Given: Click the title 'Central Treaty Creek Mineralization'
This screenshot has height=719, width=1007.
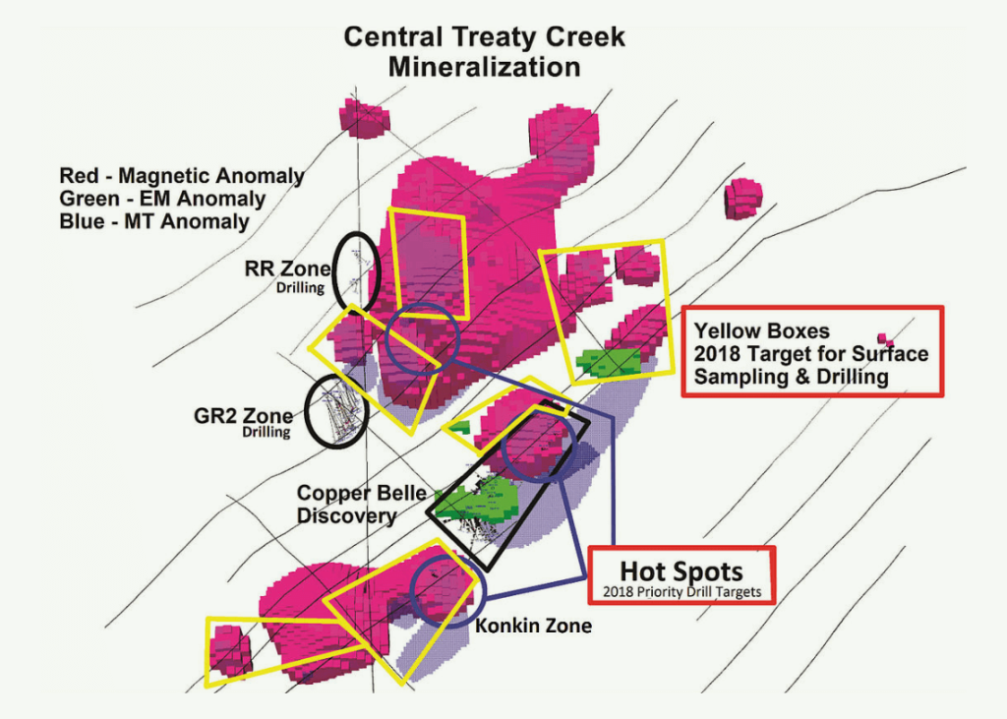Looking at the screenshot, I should point(484,52).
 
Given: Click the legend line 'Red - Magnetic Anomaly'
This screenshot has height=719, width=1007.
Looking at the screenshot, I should point(182,176).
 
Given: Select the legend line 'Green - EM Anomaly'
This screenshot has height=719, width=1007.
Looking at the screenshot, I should point(162,199).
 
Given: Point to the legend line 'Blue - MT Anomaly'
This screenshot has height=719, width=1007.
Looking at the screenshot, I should point(154,221).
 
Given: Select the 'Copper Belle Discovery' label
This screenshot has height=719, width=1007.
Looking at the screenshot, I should point(347,503).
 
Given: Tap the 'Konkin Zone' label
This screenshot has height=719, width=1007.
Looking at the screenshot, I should point(533,625).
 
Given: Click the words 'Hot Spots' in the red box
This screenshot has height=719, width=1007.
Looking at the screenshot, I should point(681,571).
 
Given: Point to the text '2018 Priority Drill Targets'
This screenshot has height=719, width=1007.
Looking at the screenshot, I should point(681,593).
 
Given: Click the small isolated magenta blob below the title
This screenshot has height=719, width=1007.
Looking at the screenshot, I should point(365,117).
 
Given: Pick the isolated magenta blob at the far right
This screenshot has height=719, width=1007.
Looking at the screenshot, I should point(743,198).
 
